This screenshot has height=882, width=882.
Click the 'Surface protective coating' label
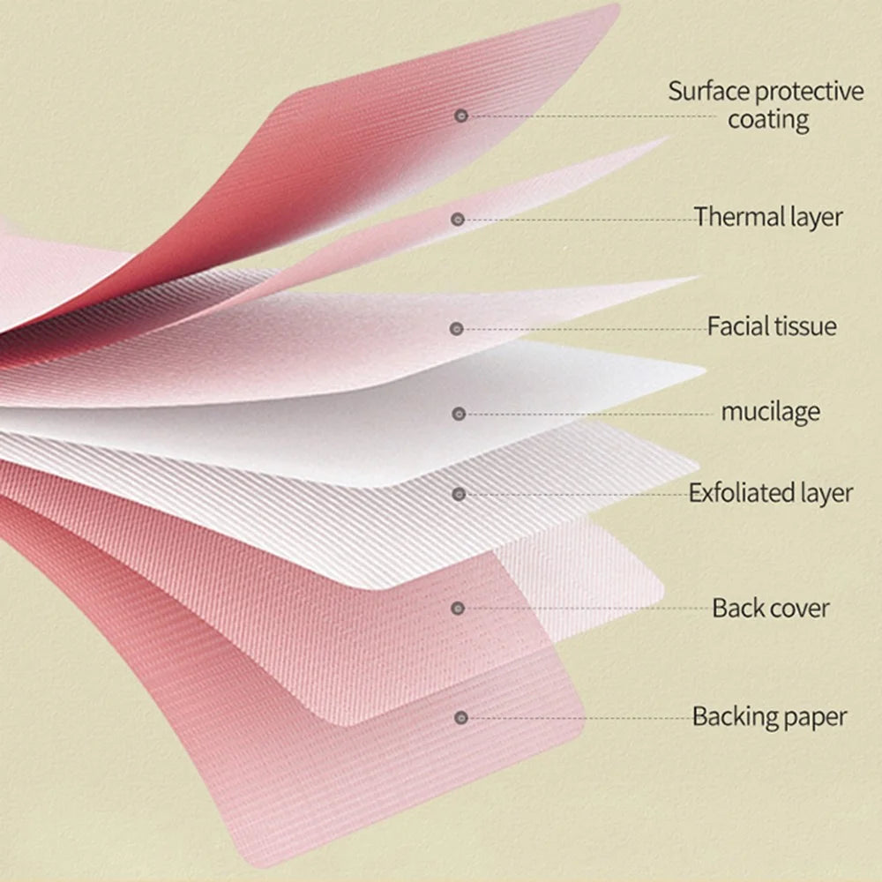[766, 106]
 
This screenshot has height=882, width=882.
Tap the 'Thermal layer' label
[768, 217]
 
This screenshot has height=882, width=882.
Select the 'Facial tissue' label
[772, 326]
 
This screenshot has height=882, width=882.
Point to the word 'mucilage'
[771, 412]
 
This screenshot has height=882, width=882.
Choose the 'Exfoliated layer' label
[771, 493]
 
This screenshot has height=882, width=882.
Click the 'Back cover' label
[771, 608]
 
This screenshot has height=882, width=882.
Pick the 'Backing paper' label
[769, 717]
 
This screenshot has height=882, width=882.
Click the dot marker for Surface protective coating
[461, 116]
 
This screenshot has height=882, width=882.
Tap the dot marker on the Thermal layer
[458, 220]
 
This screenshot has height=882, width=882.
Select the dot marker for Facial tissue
[457, 329]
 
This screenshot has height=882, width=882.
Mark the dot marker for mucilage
[459, 414]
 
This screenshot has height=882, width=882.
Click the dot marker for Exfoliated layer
[459, 495]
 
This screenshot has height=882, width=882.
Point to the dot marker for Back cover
[458, 608]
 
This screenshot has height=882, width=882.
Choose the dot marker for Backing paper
[461, 718]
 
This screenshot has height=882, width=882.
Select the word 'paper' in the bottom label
[815, 719]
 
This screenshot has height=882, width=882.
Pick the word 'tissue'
[804, 326]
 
